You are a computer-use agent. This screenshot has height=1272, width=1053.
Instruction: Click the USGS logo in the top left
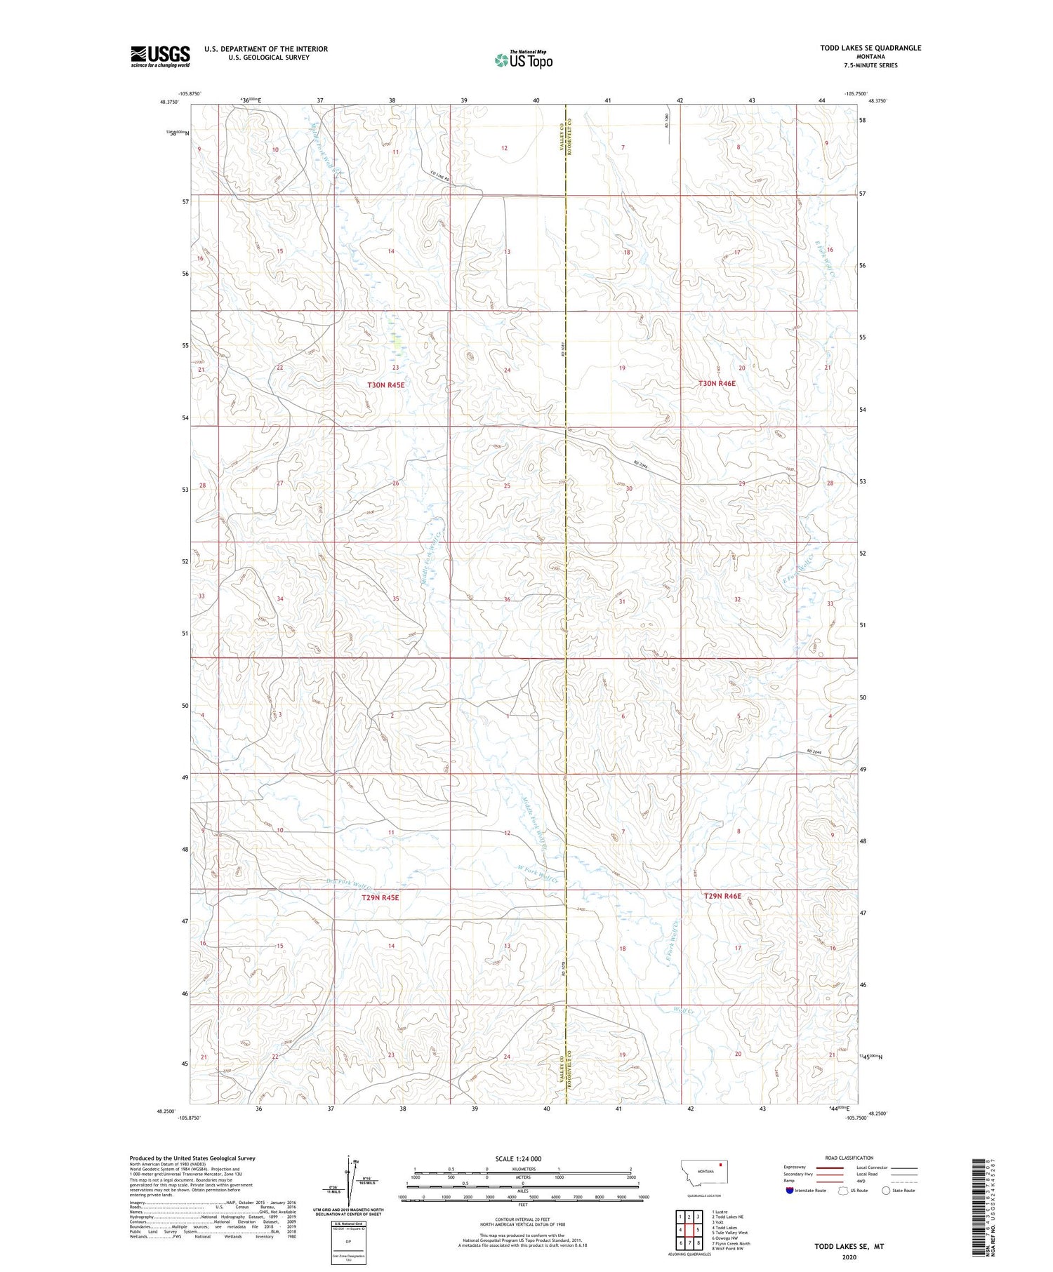(x=160, y=56)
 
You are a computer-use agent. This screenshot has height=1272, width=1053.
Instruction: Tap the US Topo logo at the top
(x=524, y=60)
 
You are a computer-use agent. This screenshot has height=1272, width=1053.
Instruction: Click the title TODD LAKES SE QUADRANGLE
(x=870, y=48)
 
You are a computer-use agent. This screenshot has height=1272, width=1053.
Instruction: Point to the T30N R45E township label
(x=386, y=385)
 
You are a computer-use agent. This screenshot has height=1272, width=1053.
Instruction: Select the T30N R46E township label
(x=717, y=384)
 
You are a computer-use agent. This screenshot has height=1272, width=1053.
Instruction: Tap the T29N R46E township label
(x=722, y=896)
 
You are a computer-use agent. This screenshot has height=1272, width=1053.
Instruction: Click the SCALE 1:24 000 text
(x=518, y=1158)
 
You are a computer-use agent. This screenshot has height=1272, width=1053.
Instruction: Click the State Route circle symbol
(x=886, y=1191)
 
